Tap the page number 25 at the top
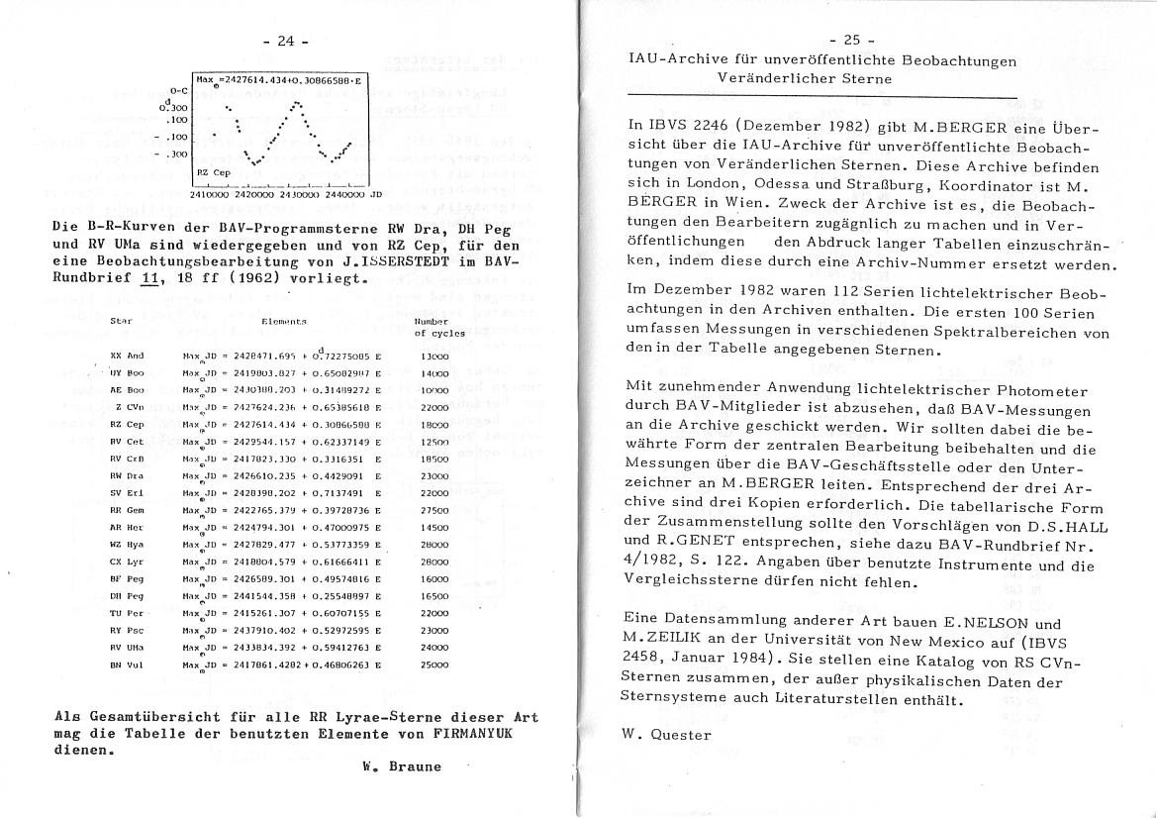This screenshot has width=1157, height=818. pyautogui.click(x=851, y=40)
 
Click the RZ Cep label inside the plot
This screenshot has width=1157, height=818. pyautogui.click(x=213, y=171)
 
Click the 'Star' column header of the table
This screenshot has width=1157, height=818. pyautogui.click(x=122, y=322)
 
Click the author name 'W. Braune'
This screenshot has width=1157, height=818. pyautogui.click(x=402, y=766)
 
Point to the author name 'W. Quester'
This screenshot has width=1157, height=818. pyautogui.click(x=668, y=734)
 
